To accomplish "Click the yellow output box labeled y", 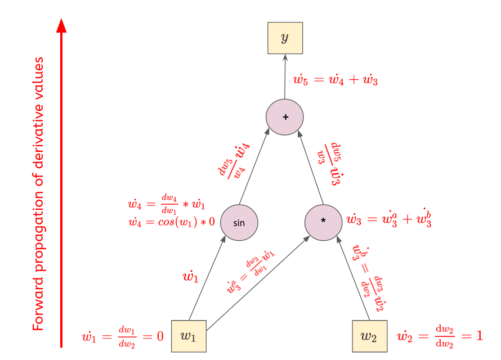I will (x=285, y=38).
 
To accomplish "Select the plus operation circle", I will (x=285, y=116).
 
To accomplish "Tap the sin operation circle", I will (x=239, y=222).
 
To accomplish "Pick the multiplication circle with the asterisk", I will (x=323, y=221).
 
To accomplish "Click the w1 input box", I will (x=189, y=336).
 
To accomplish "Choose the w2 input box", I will (x=369, y=336).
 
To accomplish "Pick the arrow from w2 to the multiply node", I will (x=354, y=278).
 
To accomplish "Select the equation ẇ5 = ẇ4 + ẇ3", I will (x=336, y=80).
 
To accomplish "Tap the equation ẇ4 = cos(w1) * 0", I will (x=172, y=222).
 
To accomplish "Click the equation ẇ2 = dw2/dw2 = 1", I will (x=440, y=336).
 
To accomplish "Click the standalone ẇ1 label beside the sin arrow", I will (x=190, y=277).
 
